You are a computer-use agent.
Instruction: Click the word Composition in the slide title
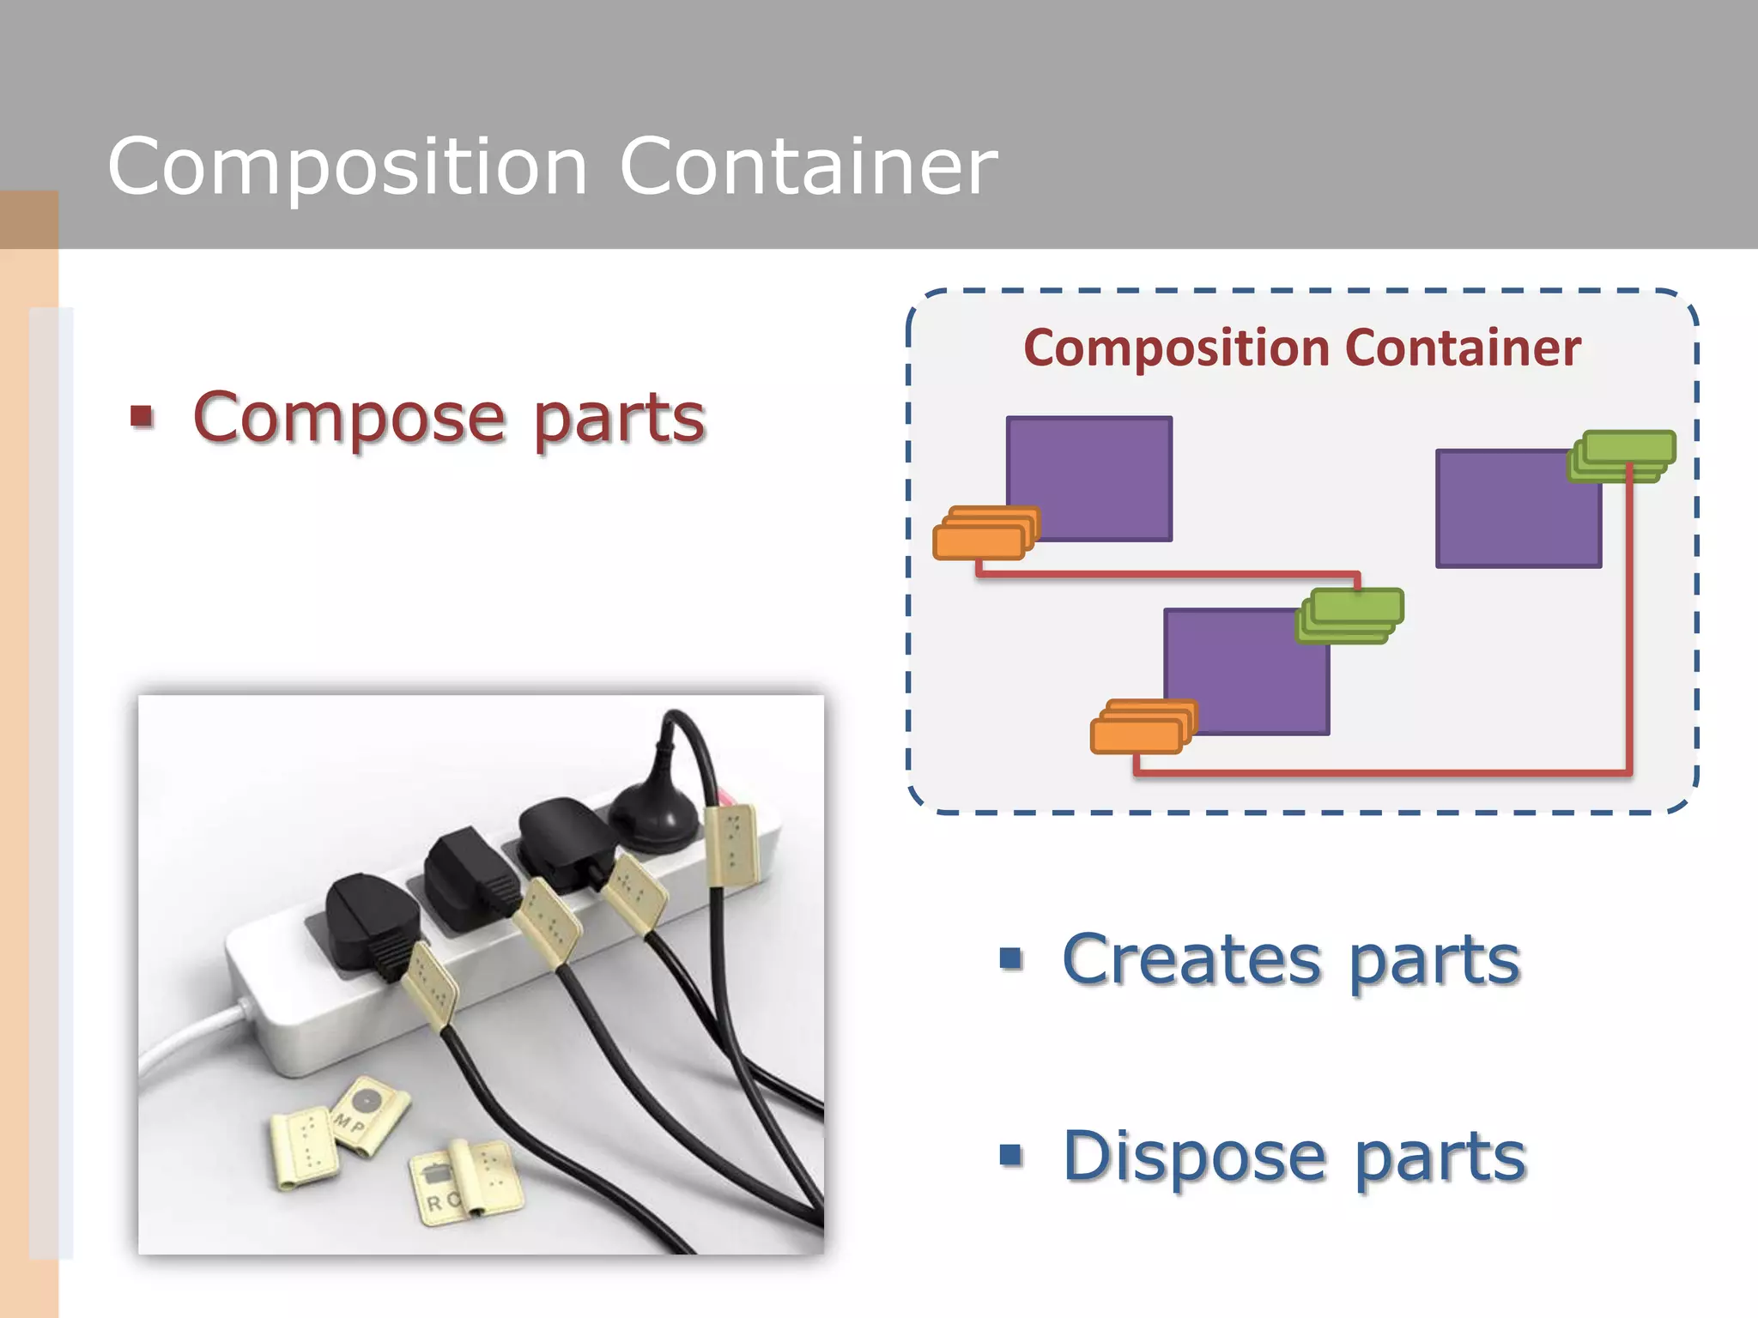[x=348, y=167]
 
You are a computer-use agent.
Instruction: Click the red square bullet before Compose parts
[x=142, y=417]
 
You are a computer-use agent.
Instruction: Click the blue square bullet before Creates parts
[x=1011, y=958]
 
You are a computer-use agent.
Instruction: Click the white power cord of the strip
[x=185, y=1043]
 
